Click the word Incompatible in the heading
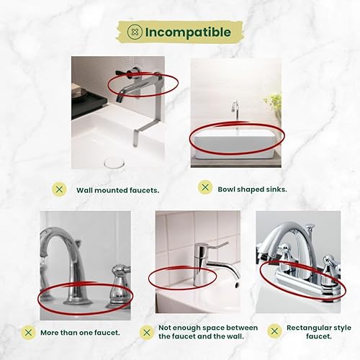(x=188, y=32)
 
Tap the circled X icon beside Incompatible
(x=135, y=32)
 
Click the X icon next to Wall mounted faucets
(x=59, y=189)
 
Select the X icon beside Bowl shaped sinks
(x=205, y=187)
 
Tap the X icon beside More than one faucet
(x=28, y=333)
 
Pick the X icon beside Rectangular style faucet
(x=274, y=331)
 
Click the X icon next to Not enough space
(x=146, y=333)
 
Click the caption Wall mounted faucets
(x=118, y=190)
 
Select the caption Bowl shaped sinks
(x=252, y=189)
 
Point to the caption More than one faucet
(x=80, y=333)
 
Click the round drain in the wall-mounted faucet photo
(x=114, y=163)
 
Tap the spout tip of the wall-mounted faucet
(x=119, y=99)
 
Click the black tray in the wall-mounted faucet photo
(x=89, y=104)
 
